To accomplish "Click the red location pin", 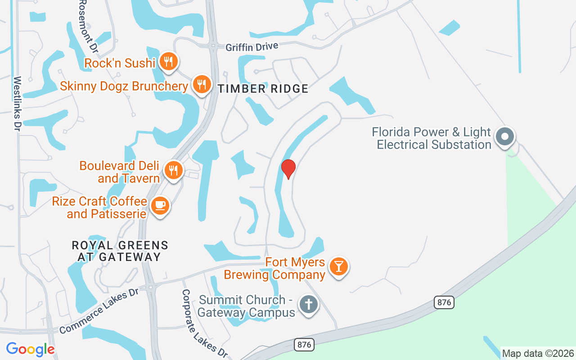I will (x=288, y=169).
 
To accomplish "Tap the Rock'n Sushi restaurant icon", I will (x=168, y=61).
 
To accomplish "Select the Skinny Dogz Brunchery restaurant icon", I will (x=202, y=84).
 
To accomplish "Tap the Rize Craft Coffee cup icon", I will (x=160, y=206).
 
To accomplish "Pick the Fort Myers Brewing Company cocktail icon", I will (x=338, y=266).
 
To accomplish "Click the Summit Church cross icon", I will (x=308, y=304).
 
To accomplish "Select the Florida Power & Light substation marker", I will (x=505, y=136).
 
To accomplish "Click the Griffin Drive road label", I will (x=252, y=47).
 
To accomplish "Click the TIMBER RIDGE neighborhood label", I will (x=263, y=89).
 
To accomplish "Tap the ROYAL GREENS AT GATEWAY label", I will (x=120, y=251).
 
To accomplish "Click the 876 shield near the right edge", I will (x=444, y=302).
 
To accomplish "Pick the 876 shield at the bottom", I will (x=304, y=345).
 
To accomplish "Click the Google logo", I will (x=30, y=349).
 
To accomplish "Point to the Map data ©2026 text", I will (x=538, y=353).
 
